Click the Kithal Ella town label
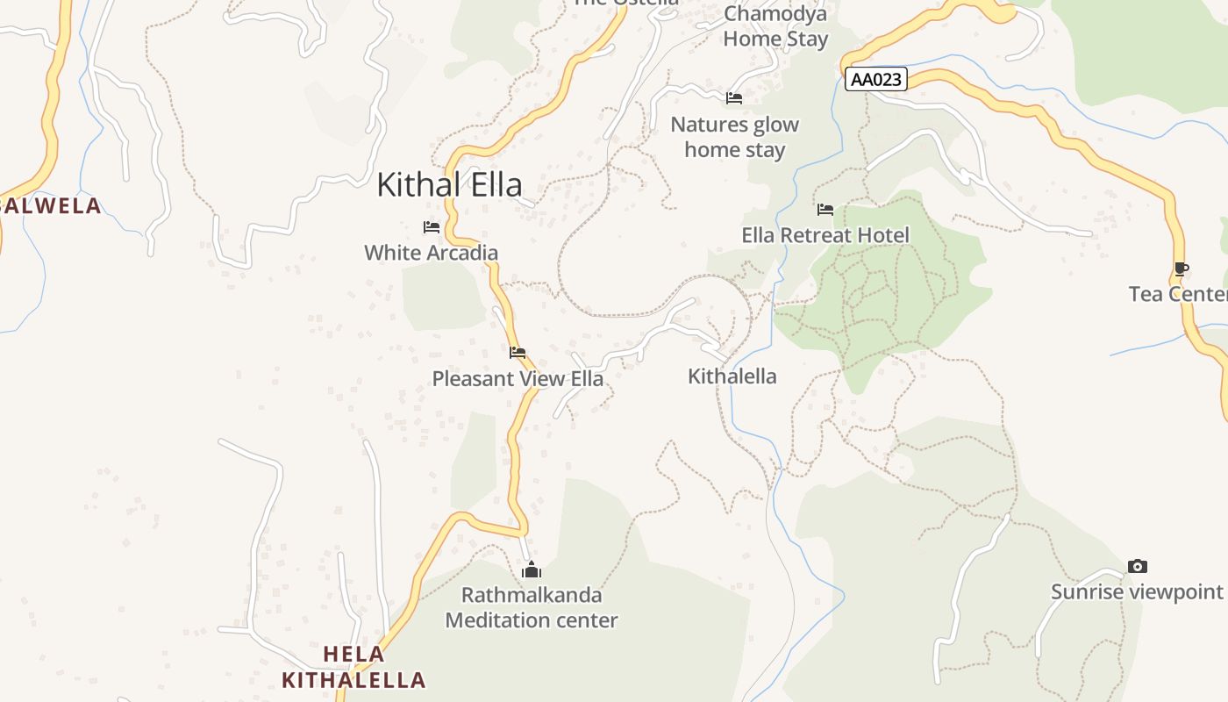coord(449,184)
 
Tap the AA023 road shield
coord(876,79)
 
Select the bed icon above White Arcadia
coord(431,226)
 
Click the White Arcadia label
coord(431,253)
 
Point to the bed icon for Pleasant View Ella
coord(518,353)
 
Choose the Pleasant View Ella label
coord(518,379)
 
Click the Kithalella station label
coord(732,376)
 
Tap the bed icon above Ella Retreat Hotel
coord(825,209)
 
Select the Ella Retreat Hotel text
coord(825,235)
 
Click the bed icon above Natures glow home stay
coord(734,97)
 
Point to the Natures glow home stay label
coord(734,137)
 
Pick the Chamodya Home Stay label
coord(775,27)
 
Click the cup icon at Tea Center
coord(1182,269)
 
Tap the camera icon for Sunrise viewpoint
coord(1137,566)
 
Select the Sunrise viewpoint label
coord(1137,592)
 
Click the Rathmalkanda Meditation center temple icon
coord(532,570)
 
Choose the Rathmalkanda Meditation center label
coord(532,607)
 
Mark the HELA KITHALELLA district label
coord(353,667)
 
